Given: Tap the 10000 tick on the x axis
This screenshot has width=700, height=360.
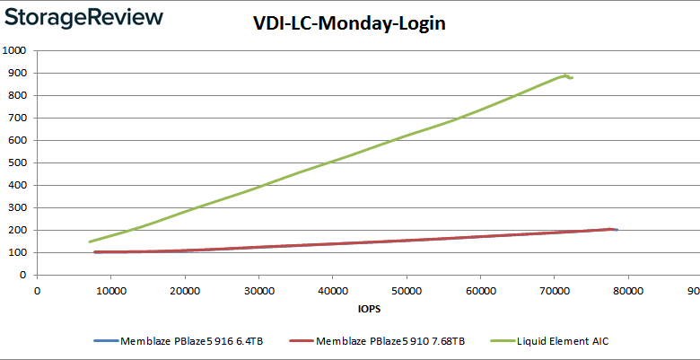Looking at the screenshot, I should tap(110, 290).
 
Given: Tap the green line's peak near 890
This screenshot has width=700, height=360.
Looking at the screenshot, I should tap(565, 75).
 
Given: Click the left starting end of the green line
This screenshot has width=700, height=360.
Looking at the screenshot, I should tap(90, 241).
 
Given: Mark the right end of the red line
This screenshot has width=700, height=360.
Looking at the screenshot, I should tap(611, 229).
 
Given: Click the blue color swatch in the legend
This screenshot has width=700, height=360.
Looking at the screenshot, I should tap(105, 341).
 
